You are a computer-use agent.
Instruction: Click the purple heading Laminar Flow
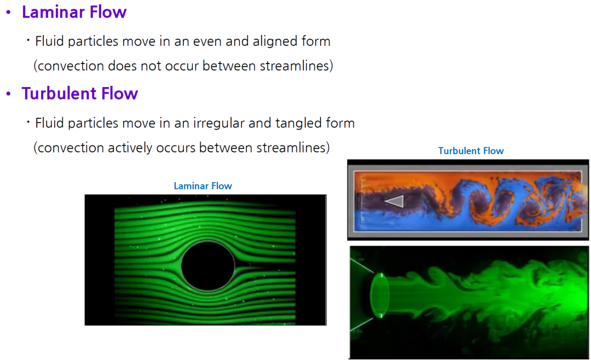pos(74,12)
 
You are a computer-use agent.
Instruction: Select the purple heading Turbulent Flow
pos(80,94)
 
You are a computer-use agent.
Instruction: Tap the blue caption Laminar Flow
pos(203,186)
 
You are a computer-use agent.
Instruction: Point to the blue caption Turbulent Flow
pos(471,151)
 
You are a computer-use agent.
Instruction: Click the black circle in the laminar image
pos(208,266)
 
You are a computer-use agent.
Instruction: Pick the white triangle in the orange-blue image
pos(394,201)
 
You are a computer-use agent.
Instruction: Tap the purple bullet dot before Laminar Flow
pos(8,13)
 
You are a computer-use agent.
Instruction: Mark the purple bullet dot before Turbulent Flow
pos(8,94)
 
